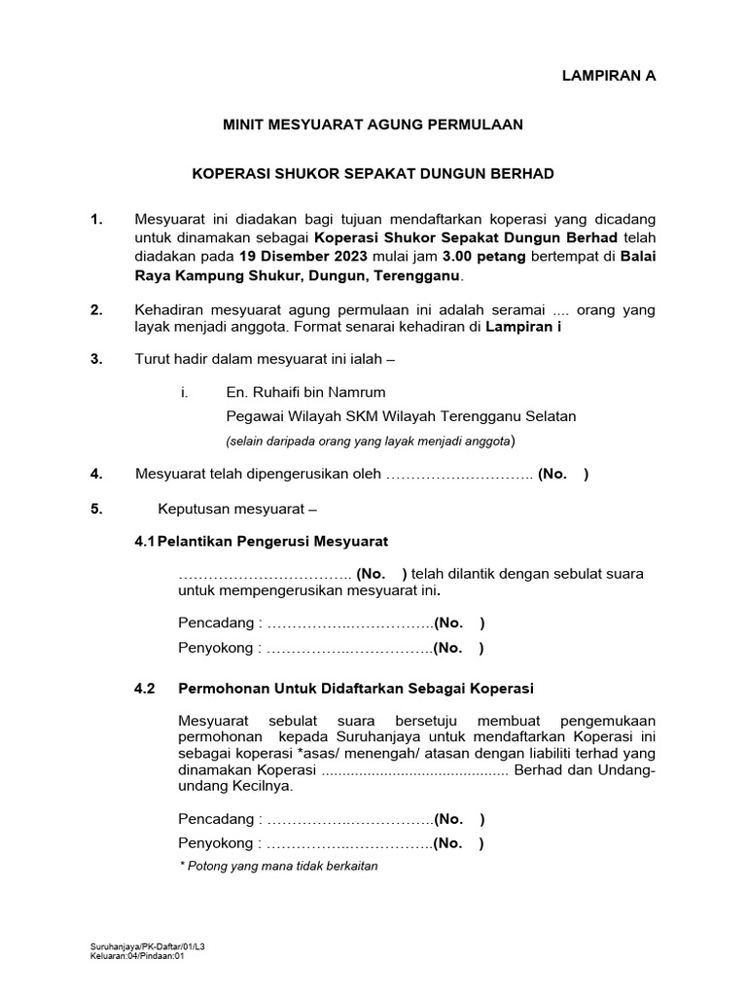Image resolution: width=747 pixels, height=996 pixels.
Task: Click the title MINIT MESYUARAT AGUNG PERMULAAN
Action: pyautogui.click(x=373, y=124)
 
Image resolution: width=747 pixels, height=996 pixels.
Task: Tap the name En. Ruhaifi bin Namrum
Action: pyautogui.click(x=305, y=392)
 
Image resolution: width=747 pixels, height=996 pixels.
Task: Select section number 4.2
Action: pyautogui.click(x=145, y=688)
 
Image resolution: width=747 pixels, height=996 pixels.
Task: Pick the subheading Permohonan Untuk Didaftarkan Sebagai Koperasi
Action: pyautogui.click(x=356, y=688)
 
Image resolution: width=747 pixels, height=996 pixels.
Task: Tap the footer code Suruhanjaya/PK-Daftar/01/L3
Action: pyautogui.click(x=147, y=945)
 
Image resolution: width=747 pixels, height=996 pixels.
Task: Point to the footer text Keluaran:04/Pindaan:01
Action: pyautogui.click(x=137, y=956)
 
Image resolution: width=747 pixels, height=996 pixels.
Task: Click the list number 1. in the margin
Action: pyautogui.click(x=96, y=220)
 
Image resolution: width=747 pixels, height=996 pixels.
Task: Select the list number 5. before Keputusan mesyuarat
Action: pyautogui.click(x=96, y=508)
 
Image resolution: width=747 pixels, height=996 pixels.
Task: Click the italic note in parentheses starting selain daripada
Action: pyautogui.click(x=371, y=441)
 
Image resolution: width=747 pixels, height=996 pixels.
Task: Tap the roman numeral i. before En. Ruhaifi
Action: pyautogui.click(x=184, y=392)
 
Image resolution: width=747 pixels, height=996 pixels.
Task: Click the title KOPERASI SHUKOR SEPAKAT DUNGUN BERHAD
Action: pyautogui.click(x=373, y=173)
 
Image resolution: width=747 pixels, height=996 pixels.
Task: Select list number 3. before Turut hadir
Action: pyautogui.click(x=96, y=359)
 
